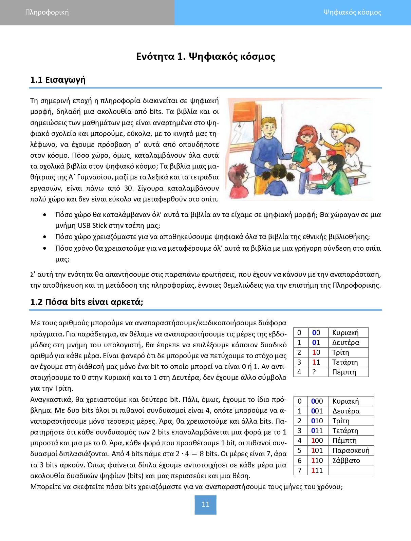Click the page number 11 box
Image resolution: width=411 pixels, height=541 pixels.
tap(205, 504)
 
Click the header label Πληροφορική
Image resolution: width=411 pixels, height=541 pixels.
tap(47, 12)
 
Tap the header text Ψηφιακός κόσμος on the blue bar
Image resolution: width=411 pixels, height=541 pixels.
tap(352, 12)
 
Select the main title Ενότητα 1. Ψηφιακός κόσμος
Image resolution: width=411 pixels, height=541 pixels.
tap(205, 56)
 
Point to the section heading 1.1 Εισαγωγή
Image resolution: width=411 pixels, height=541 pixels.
tap(58, 80)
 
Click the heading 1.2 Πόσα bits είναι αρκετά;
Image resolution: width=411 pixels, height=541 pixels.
tap(87, 302)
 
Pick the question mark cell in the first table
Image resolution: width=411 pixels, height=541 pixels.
tap(314, 372)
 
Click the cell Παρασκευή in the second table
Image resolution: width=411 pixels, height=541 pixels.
tap(351, 450)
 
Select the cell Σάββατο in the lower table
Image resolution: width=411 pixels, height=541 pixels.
tap(346, 460)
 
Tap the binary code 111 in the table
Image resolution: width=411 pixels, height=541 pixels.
tap(317, 470)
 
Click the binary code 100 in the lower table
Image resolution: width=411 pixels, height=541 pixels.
tap(317, 441)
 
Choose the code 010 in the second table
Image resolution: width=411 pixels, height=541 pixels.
tap(317, 421)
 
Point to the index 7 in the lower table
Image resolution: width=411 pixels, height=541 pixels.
tap(299, 470)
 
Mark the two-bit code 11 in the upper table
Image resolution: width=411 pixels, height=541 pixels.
tap(316, 362)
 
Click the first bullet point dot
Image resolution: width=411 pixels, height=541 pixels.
tap(45, 215)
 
